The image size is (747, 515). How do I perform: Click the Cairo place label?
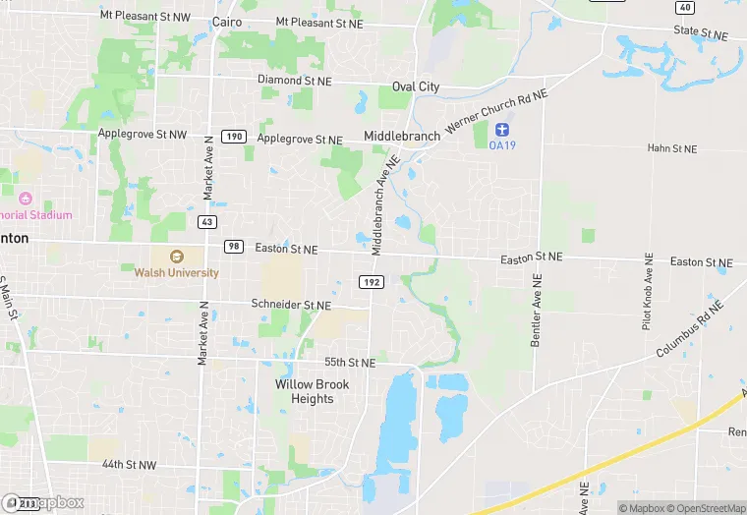(228, 21)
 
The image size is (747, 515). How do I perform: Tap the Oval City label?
(416, 86)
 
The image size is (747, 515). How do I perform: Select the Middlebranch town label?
(400, 135)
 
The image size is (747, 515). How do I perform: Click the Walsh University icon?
(178, 257)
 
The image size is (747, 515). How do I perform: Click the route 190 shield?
(233, 136)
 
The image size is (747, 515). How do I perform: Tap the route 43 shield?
(206, 221)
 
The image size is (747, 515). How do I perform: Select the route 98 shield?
(233, 246)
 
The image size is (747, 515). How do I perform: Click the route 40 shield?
(685, 7)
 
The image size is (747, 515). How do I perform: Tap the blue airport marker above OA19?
(502, 130)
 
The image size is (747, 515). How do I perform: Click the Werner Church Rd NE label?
(496, 109)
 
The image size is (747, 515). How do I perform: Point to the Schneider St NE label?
(291, 306)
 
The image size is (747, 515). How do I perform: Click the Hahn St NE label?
(671, 148)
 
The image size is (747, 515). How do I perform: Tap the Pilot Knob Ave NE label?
(648, 290)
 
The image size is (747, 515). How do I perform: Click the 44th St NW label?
(129, 464)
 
